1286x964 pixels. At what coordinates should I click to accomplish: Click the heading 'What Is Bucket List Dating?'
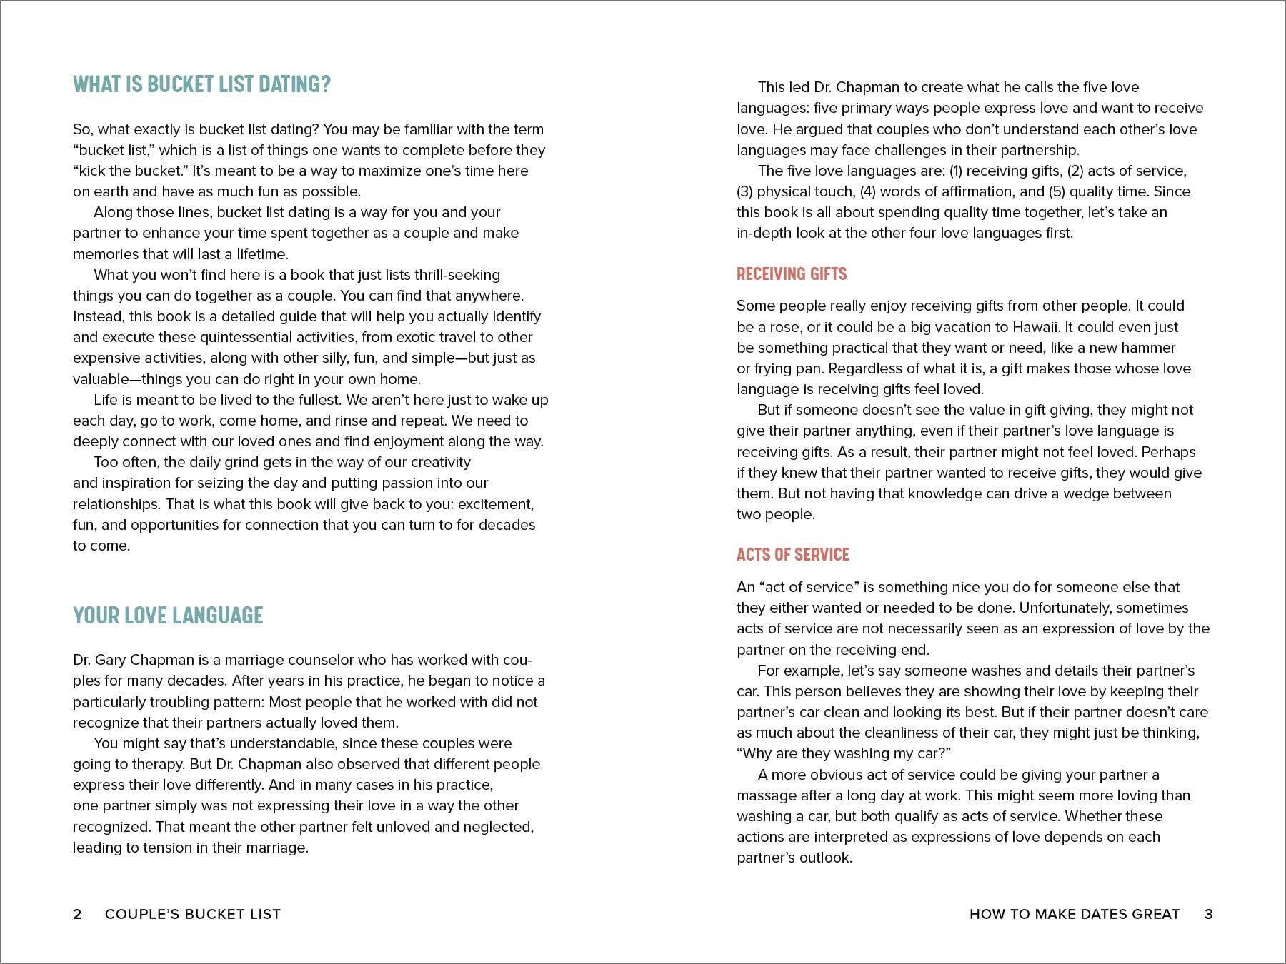click(201, 84)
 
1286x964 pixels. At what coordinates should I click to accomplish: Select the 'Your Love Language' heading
click(168, 615)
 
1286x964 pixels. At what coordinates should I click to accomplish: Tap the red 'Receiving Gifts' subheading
click(792, 273)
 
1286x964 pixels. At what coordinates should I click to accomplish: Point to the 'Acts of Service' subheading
click(793, 554)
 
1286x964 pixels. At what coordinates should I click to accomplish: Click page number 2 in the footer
click(77, 914)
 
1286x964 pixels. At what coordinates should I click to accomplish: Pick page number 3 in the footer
click(1209, 914)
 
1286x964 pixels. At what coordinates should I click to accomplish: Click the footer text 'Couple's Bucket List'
click(193, 914)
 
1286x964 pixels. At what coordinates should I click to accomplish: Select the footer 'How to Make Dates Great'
click(1075, 914)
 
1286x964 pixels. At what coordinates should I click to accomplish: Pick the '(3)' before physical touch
click(744, 191)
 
